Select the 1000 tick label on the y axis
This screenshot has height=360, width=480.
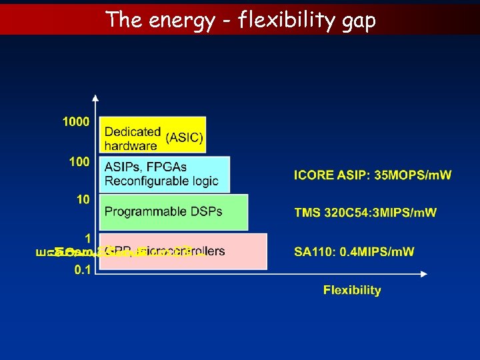(x=75, y=122)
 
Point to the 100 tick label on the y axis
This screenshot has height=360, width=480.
(x=78, y=162)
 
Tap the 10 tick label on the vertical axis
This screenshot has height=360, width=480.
(x=83, y=199)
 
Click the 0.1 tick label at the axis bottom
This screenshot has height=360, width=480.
(x=83, y=270)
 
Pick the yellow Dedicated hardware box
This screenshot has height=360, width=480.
(x=153, y=135)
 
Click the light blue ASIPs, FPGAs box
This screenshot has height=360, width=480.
(x=164, y=174)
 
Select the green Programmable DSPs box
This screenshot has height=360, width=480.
(x=173, y=212)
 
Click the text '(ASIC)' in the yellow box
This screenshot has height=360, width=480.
(x=185, y=137)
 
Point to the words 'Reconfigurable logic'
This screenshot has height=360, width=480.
(x=161, y=181)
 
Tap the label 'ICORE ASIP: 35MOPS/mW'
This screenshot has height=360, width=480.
(x=373, y=175)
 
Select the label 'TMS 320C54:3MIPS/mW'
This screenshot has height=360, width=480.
(x=365, y=213)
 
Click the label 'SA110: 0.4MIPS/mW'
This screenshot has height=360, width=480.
(x=354, y=251)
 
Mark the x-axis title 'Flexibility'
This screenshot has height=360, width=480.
(x=352, y=290)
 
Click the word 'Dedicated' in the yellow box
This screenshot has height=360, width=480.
(x=132, y=132)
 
